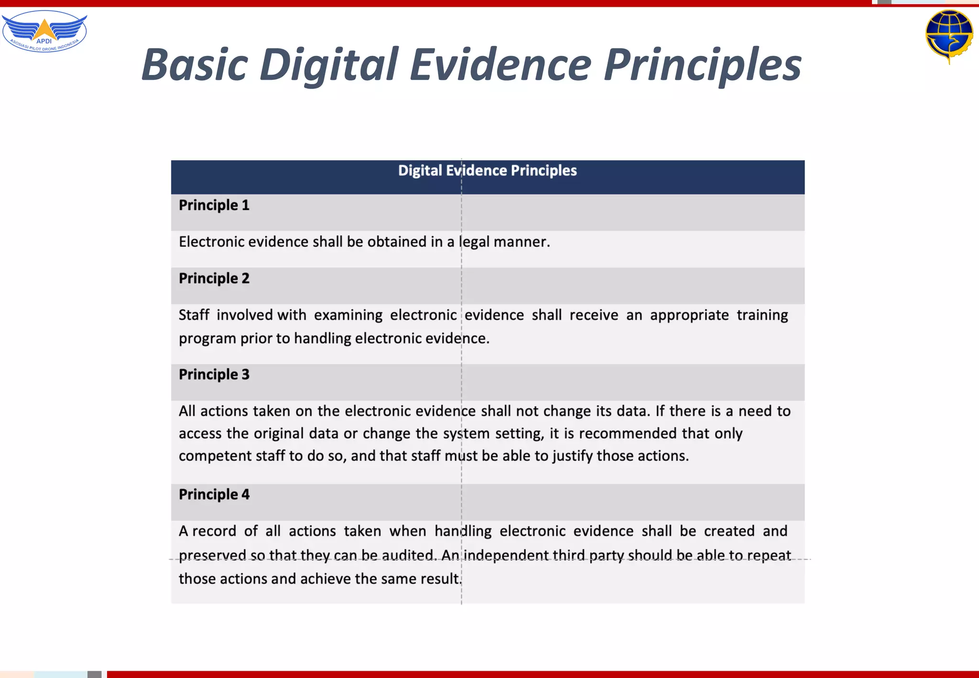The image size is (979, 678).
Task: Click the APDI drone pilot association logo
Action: (x=44, y=32)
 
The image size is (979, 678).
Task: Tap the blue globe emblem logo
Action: (x=949, y=35)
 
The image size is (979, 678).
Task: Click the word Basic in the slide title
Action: (x=195, y=65)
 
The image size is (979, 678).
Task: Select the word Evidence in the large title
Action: (x=500, y=65)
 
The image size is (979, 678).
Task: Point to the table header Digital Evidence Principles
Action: (x=487, y=171)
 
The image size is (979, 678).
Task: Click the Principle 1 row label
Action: (x=214, y=205)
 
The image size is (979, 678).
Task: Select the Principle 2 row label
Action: (x=214, y=278)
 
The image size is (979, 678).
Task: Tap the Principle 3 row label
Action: (x=214, y=374)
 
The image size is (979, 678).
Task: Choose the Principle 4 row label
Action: (x=214, y=494)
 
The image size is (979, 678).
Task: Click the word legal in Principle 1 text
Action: (x=474, y=242)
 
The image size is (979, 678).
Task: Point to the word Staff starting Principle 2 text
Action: (x=194, y=315)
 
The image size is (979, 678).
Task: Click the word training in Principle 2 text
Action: (x=762, y=315)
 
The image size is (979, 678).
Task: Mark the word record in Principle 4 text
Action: (x=214, y=531)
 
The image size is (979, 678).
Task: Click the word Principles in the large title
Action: (x=702, y=65)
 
